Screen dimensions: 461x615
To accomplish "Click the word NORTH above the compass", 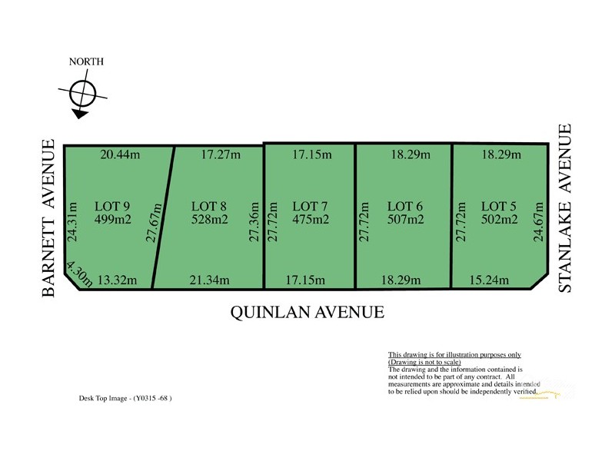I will click(86, 61).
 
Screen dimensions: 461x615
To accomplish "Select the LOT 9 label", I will click(112, 206).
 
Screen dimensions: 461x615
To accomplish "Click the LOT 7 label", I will click(311, 206).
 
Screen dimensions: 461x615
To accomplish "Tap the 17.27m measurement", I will click(221, 155).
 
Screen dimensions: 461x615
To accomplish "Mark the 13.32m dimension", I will click(119, 280).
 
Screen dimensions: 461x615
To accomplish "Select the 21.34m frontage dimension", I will click(209, 280).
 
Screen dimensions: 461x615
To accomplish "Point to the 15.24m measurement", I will click(489, 280).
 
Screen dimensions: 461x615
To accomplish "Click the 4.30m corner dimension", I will click(79, 274).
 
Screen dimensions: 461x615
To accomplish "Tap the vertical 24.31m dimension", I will click(72, 223).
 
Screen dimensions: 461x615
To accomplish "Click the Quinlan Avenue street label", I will click(307, 313).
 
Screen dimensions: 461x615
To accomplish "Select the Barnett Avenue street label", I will click(49, 218).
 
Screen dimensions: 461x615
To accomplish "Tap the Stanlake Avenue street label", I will click(566, 208).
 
